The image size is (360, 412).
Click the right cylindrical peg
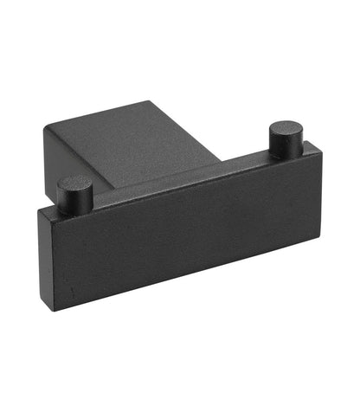[x=286, y=140]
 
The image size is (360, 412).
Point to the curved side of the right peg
[x=286, y=148]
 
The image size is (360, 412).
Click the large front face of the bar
[x=173, y=238]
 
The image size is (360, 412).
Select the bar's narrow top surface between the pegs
[x=182, y=186]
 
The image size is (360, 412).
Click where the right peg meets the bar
[x=286, y=157]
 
